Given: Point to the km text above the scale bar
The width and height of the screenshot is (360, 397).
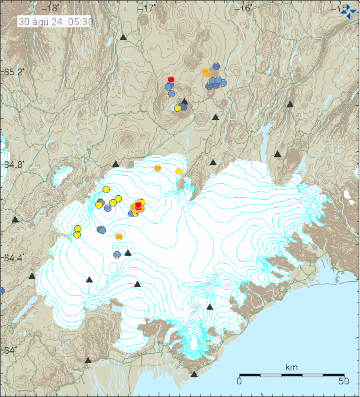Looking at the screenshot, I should point(291,367).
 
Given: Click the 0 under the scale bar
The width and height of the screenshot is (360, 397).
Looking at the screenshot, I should point(239,381).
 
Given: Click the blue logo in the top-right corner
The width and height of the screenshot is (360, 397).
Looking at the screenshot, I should point(348,10).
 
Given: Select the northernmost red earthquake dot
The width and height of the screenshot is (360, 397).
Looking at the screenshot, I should point(171,79).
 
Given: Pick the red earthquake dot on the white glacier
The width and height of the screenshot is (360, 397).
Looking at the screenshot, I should point(138,206).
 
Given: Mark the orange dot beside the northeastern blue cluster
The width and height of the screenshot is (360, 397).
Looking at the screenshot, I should point(205,72).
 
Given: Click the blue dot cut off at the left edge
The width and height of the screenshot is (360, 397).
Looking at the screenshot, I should point(1,290).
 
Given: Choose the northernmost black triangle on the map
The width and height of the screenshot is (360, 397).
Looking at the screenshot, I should point(123,38).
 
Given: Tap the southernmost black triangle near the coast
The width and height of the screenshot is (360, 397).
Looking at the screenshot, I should point(194,374).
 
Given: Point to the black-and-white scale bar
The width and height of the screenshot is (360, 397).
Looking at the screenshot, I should point(291,375).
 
